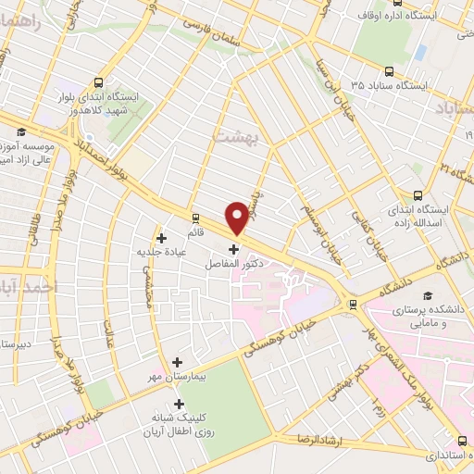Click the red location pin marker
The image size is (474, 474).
(x=237, y=217)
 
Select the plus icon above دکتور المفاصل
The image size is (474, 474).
(x=233, y=248)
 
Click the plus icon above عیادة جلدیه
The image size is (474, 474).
(x=162, y=237)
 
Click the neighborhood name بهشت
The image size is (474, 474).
(x=232, y=135)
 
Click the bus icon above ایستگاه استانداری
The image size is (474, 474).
(x=463, y=441)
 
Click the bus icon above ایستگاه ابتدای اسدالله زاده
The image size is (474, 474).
(x=418, y=195)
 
